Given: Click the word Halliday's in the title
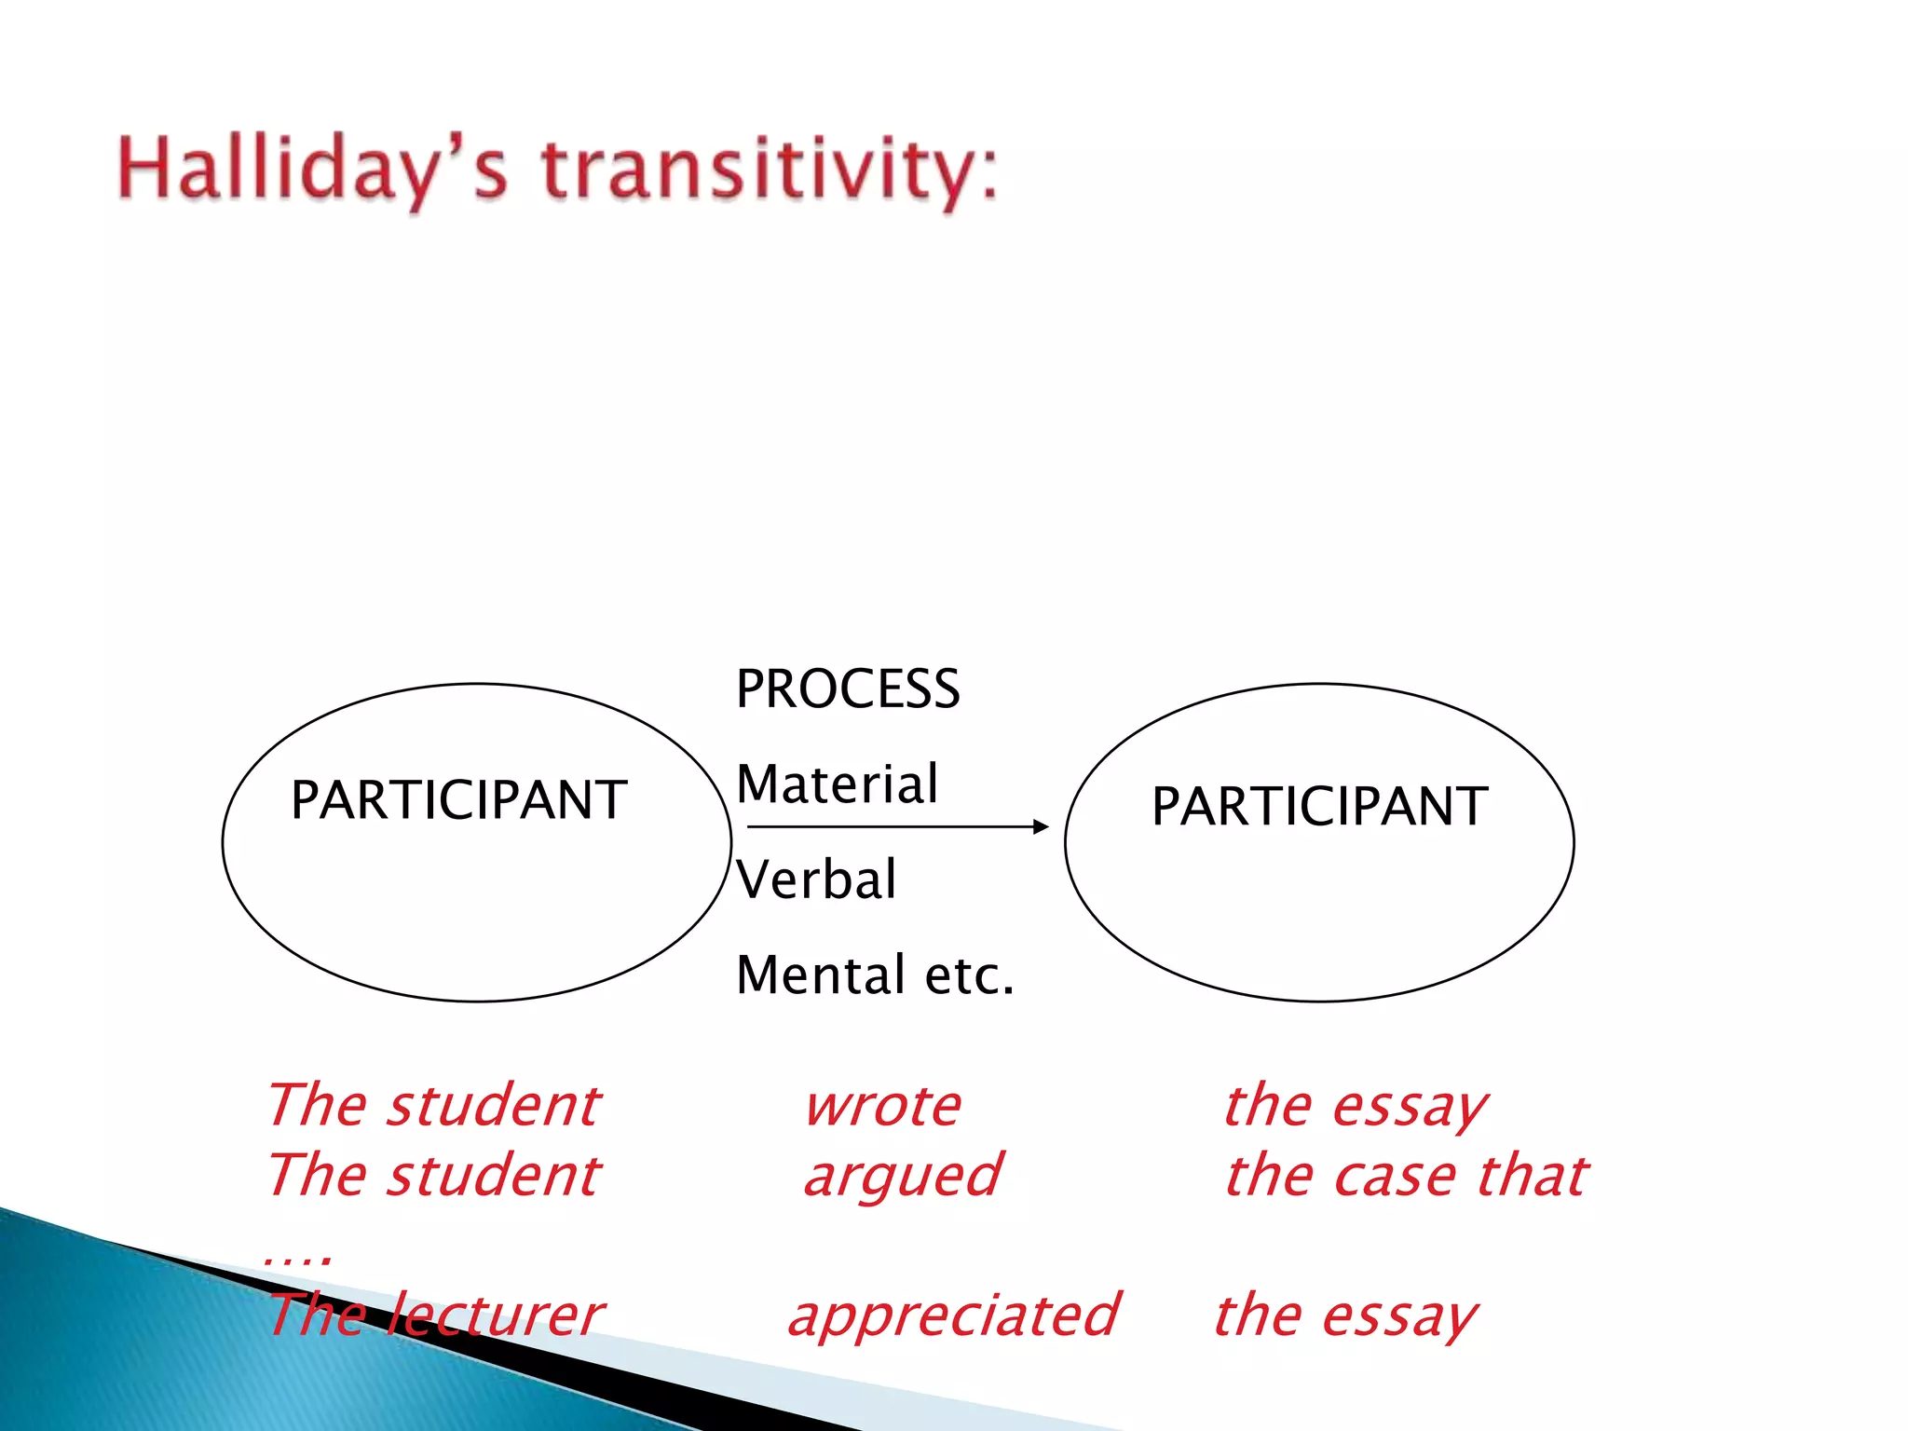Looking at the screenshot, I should (312, 170).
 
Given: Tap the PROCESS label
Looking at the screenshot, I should (847, 689).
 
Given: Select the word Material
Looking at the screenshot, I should (837, 784).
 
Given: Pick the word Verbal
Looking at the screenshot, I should (816, 879).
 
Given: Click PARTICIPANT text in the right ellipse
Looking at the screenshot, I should (1319, 807).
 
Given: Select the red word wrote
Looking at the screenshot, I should (882, 1107).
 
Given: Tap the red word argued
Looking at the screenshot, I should (902, 1176).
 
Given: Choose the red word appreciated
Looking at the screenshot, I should (952, 1315).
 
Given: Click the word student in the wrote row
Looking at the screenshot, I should (494, 1107).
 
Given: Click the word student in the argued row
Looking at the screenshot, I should (494, 1176).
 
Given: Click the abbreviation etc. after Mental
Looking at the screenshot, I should (969, 975).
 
